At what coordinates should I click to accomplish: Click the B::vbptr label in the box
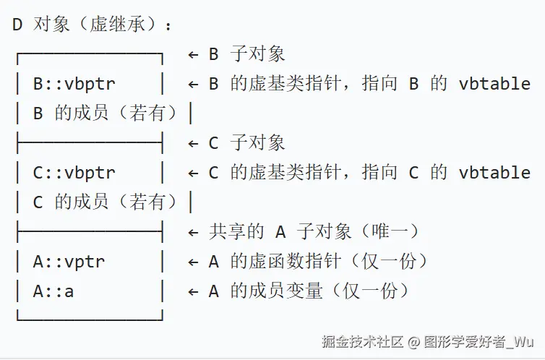tap(74, 84)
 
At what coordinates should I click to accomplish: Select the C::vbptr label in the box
tap(74, 173)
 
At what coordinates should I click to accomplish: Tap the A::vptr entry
tap(69, 262)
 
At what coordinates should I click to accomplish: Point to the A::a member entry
tap(53, 291)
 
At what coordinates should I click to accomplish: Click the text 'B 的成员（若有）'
tap(100, 113)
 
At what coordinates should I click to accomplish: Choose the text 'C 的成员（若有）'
tap(100, 202)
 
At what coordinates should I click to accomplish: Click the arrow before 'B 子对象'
tap(193, 54)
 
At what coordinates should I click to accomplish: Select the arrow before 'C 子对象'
tap(193, 143)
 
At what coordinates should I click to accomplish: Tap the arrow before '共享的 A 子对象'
tap(193, 232)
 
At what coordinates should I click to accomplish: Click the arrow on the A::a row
tap(193, 291)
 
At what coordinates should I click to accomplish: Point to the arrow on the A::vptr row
tap(193, 262)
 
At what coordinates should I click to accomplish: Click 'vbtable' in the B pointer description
tap(494, 84)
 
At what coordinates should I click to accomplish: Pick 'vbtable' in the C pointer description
tap(494, 173)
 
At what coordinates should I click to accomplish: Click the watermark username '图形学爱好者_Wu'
tap(479, 340)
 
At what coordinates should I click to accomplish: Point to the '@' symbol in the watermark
tap(413, 340)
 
